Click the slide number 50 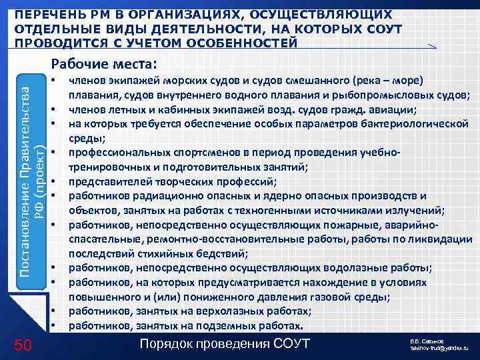pos(22,344)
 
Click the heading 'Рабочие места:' pos(103,64)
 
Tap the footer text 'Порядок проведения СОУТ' pos(225,343)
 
